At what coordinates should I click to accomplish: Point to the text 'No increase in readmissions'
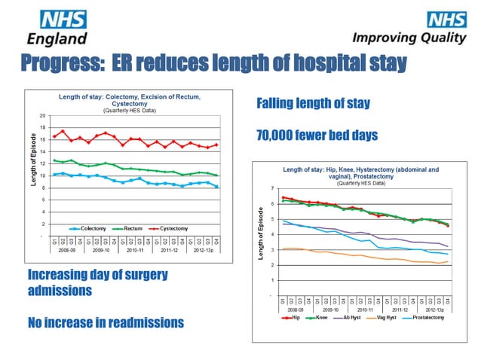[x=105, y=323]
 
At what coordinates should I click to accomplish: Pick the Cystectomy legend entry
[x=177, y=228]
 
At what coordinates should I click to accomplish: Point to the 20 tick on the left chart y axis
[x=43, y=115]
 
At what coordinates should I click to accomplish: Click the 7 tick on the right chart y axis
[x=271, y=188]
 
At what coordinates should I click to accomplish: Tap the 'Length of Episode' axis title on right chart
[x=260, y=233]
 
